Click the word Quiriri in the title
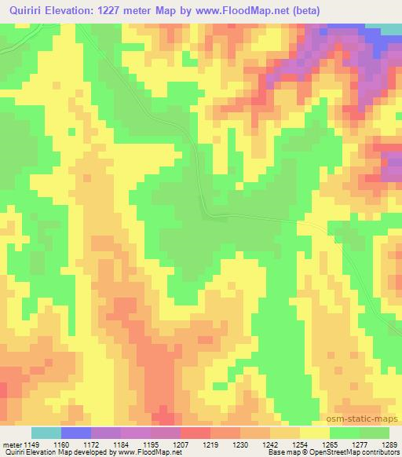(x=26, y=9)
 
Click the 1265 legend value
(x=326, y=444)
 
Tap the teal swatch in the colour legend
(x=46, y=433)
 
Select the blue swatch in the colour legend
(x=75, y=433)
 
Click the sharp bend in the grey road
(x=206, y=210)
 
